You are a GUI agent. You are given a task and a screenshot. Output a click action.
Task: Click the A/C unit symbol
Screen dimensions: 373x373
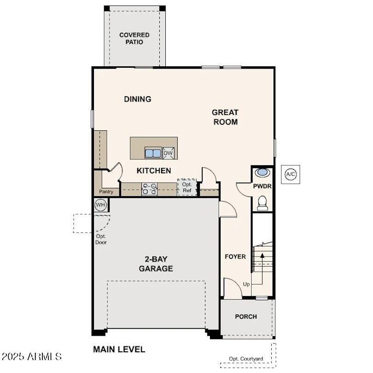[x=291, y=174]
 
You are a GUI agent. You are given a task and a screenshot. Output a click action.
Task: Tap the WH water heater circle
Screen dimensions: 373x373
[x=100, y=204]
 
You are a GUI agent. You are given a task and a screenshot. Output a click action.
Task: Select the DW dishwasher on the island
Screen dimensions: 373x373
[x=169, y=153]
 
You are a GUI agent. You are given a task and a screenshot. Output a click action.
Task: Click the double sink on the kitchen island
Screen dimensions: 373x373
[x=153, y=153]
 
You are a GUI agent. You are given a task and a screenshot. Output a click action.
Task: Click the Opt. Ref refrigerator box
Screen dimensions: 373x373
[x=186, y=187]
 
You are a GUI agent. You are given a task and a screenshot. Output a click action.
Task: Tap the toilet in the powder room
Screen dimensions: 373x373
[x=262, y=203]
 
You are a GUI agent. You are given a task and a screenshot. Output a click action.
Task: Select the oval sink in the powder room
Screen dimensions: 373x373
[x=262, y=173]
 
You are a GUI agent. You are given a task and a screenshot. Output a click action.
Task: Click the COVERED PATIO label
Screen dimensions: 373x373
[x=134, y=38]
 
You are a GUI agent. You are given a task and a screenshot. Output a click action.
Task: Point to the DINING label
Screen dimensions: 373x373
[x=138, y=99]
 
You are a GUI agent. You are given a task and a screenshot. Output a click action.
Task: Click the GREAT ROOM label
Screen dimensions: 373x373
[x=225, y=117]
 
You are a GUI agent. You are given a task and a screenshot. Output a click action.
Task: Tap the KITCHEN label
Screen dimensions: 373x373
[x=154, y=171]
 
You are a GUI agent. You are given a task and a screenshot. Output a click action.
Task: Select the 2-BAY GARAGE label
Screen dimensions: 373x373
[x=156, y=263]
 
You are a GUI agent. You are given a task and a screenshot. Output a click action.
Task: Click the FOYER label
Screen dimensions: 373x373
[x=235, y=256]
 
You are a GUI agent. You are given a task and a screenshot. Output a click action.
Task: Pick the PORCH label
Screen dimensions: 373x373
[x=246, y=316]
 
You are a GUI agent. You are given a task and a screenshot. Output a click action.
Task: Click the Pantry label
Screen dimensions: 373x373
[x=106, y=192]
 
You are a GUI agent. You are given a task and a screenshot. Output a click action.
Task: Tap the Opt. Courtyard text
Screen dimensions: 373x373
[x=246, y=359]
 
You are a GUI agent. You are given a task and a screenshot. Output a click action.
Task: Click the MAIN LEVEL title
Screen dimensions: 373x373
[x=119, y=350]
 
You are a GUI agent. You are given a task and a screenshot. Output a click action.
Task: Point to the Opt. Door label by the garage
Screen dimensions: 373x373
[x=101, y=239]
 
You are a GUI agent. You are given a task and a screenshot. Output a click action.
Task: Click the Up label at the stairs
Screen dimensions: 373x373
[x=246, y=284]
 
